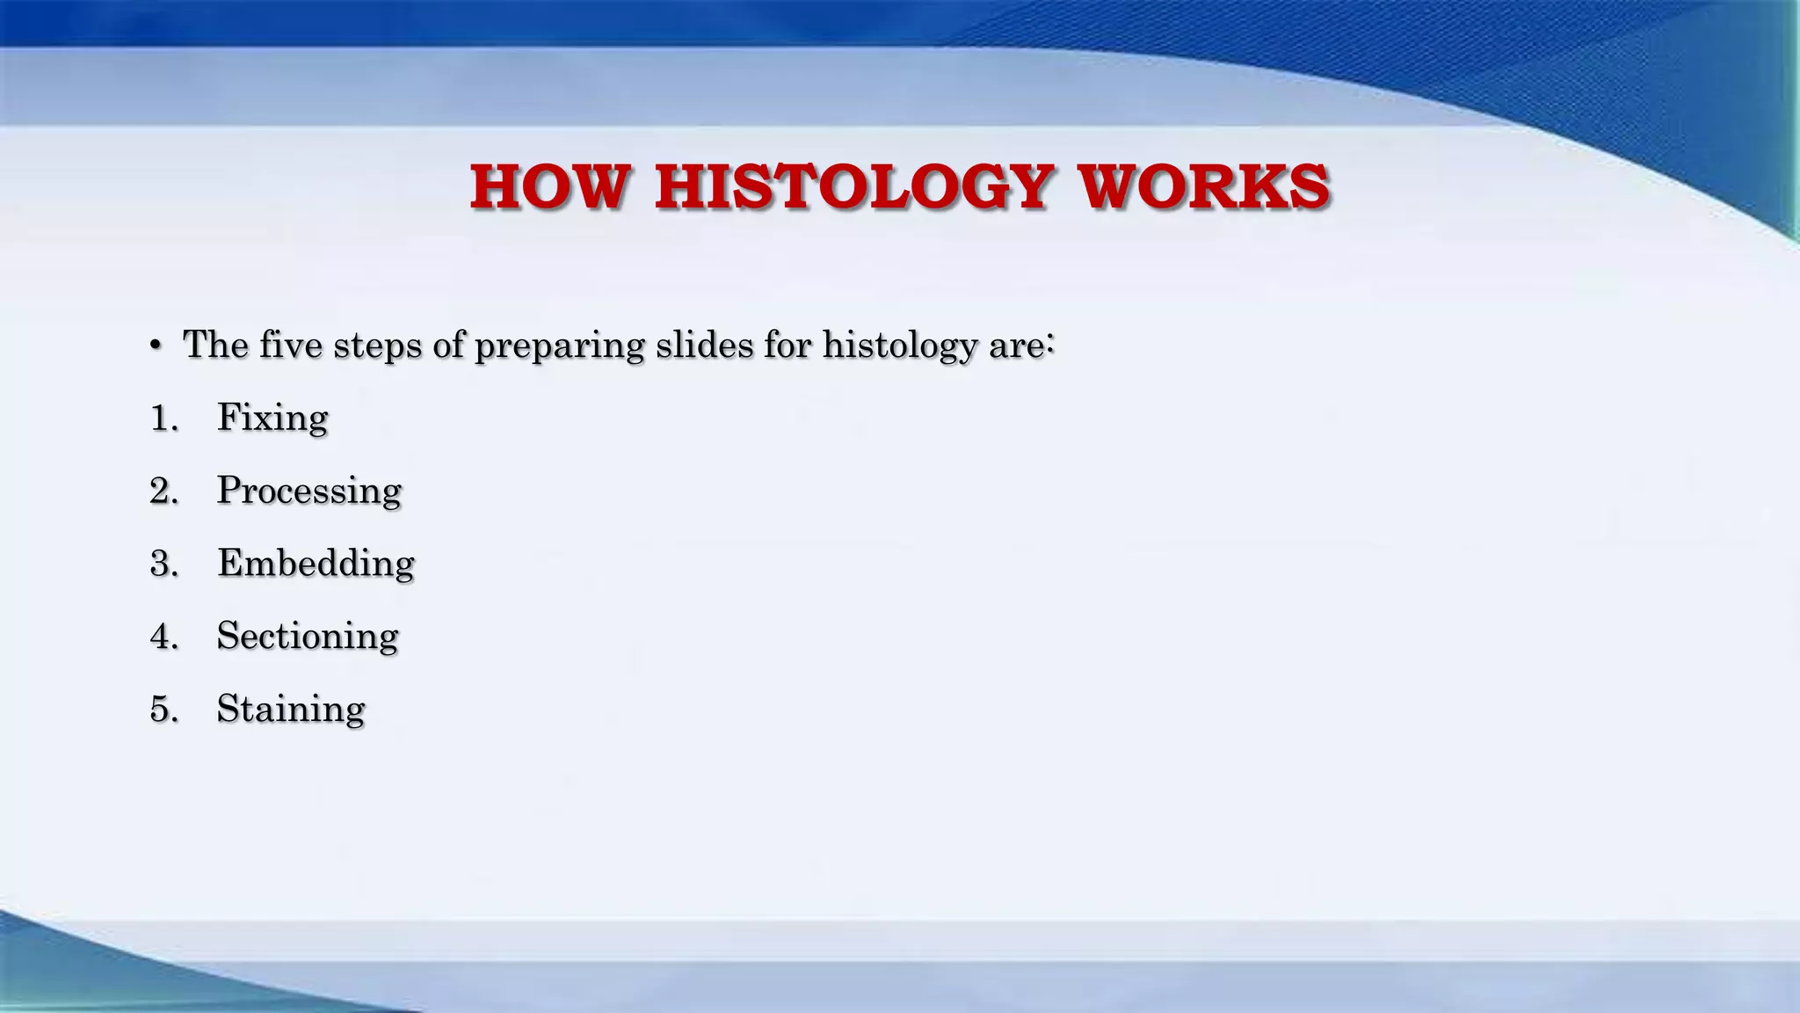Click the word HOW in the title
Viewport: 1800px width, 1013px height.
pyautogui.click(x=550, y=187)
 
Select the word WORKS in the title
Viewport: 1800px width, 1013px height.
pyautogui.click(x=1205, y=187)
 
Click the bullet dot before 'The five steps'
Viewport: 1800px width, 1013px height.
pyautogui.click(x=156, y=346)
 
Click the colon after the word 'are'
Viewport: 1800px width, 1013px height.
pyautogui.click(x=1049, y=343)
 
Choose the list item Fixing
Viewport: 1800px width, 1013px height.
pyautogui.click(x=272, y=418)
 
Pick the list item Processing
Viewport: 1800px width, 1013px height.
pyautogui.click(x=308, y=491)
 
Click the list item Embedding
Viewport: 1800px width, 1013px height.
pyautogui.click(x=316, y=563)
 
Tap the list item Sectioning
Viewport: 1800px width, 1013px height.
pyautogui.click(x=308, y=636)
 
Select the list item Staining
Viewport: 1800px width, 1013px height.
pyautogui.click(x=291, y=709)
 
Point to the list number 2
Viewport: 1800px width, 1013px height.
pyautogui.click(x=163, y=491)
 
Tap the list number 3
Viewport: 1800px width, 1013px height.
pyautogui.click(x=163, y=564)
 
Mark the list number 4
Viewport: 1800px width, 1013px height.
pyautogui.click(x=163, y=637)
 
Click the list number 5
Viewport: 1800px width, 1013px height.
pyautogui.click(x=163, y=710)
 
